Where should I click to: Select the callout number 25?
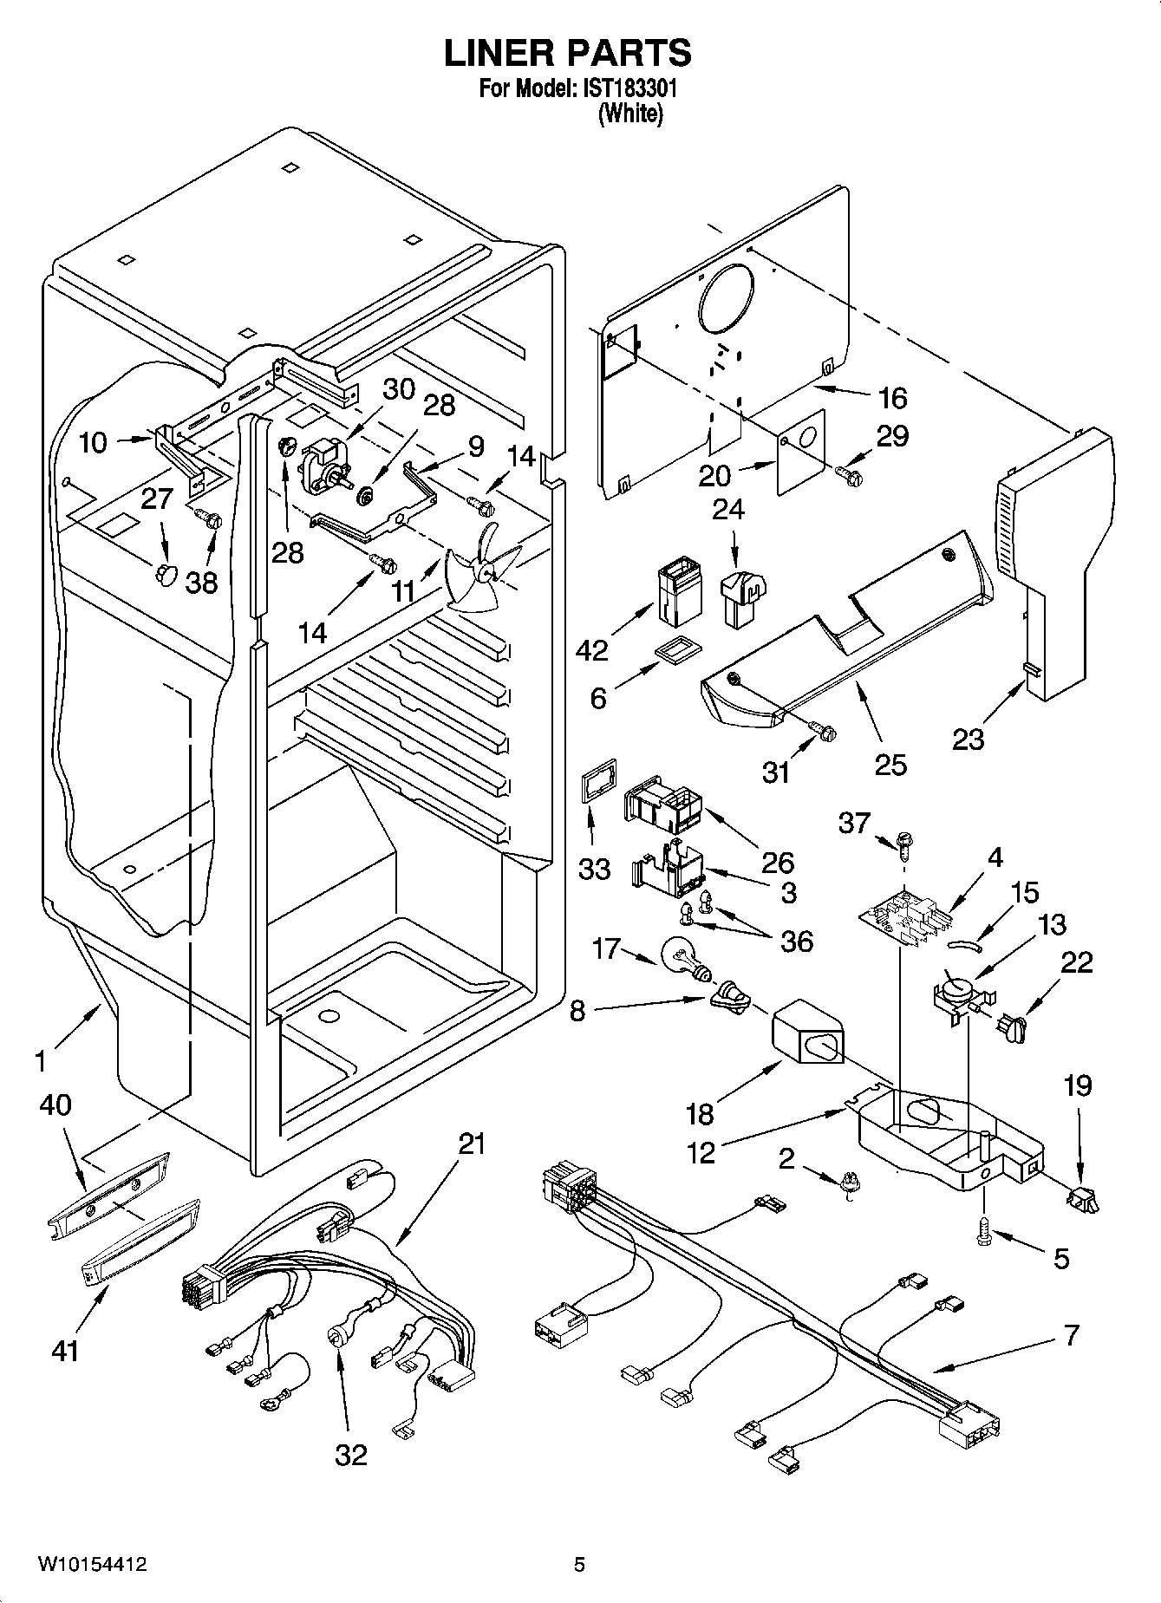click(x=890, y=764)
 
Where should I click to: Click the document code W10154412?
click(x=92, y=1565)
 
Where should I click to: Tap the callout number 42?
click(x=591, y=650)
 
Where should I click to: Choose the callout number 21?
click(x=472, y=1144)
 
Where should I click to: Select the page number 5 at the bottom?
click(x=579, y=1565)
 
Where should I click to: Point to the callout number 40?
click(x=55, y=1105)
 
